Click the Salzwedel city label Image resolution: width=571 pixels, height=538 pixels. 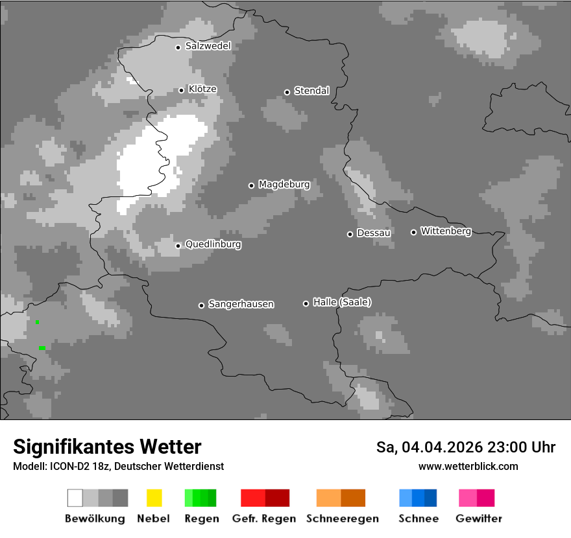(208, 46)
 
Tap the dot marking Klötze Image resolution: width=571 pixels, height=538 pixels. (181, 90)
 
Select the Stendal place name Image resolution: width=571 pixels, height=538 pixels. (311, 91)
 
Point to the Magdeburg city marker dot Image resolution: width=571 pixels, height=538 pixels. (251, 185)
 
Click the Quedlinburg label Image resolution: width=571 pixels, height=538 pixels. (213, 244)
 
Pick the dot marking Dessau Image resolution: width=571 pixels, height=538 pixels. (350, 234)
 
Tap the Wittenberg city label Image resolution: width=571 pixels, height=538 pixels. (446, 231)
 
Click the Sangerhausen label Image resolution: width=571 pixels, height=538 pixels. (241, 304)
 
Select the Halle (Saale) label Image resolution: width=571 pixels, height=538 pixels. (342, 302)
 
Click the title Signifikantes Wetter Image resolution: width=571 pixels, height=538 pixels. (107, 447)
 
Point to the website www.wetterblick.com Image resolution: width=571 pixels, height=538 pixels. (468, 466)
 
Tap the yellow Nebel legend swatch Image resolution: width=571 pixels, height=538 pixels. (154, 498)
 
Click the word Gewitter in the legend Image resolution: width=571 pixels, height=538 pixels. (479, 519)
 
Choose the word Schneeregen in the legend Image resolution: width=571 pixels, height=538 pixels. (343, 519)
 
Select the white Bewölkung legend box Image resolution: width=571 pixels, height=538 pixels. (75, 498)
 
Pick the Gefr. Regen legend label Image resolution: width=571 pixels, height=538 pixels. (263, 519)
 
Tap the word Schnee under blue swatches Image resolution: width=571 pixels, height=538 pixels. (419, 519)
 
